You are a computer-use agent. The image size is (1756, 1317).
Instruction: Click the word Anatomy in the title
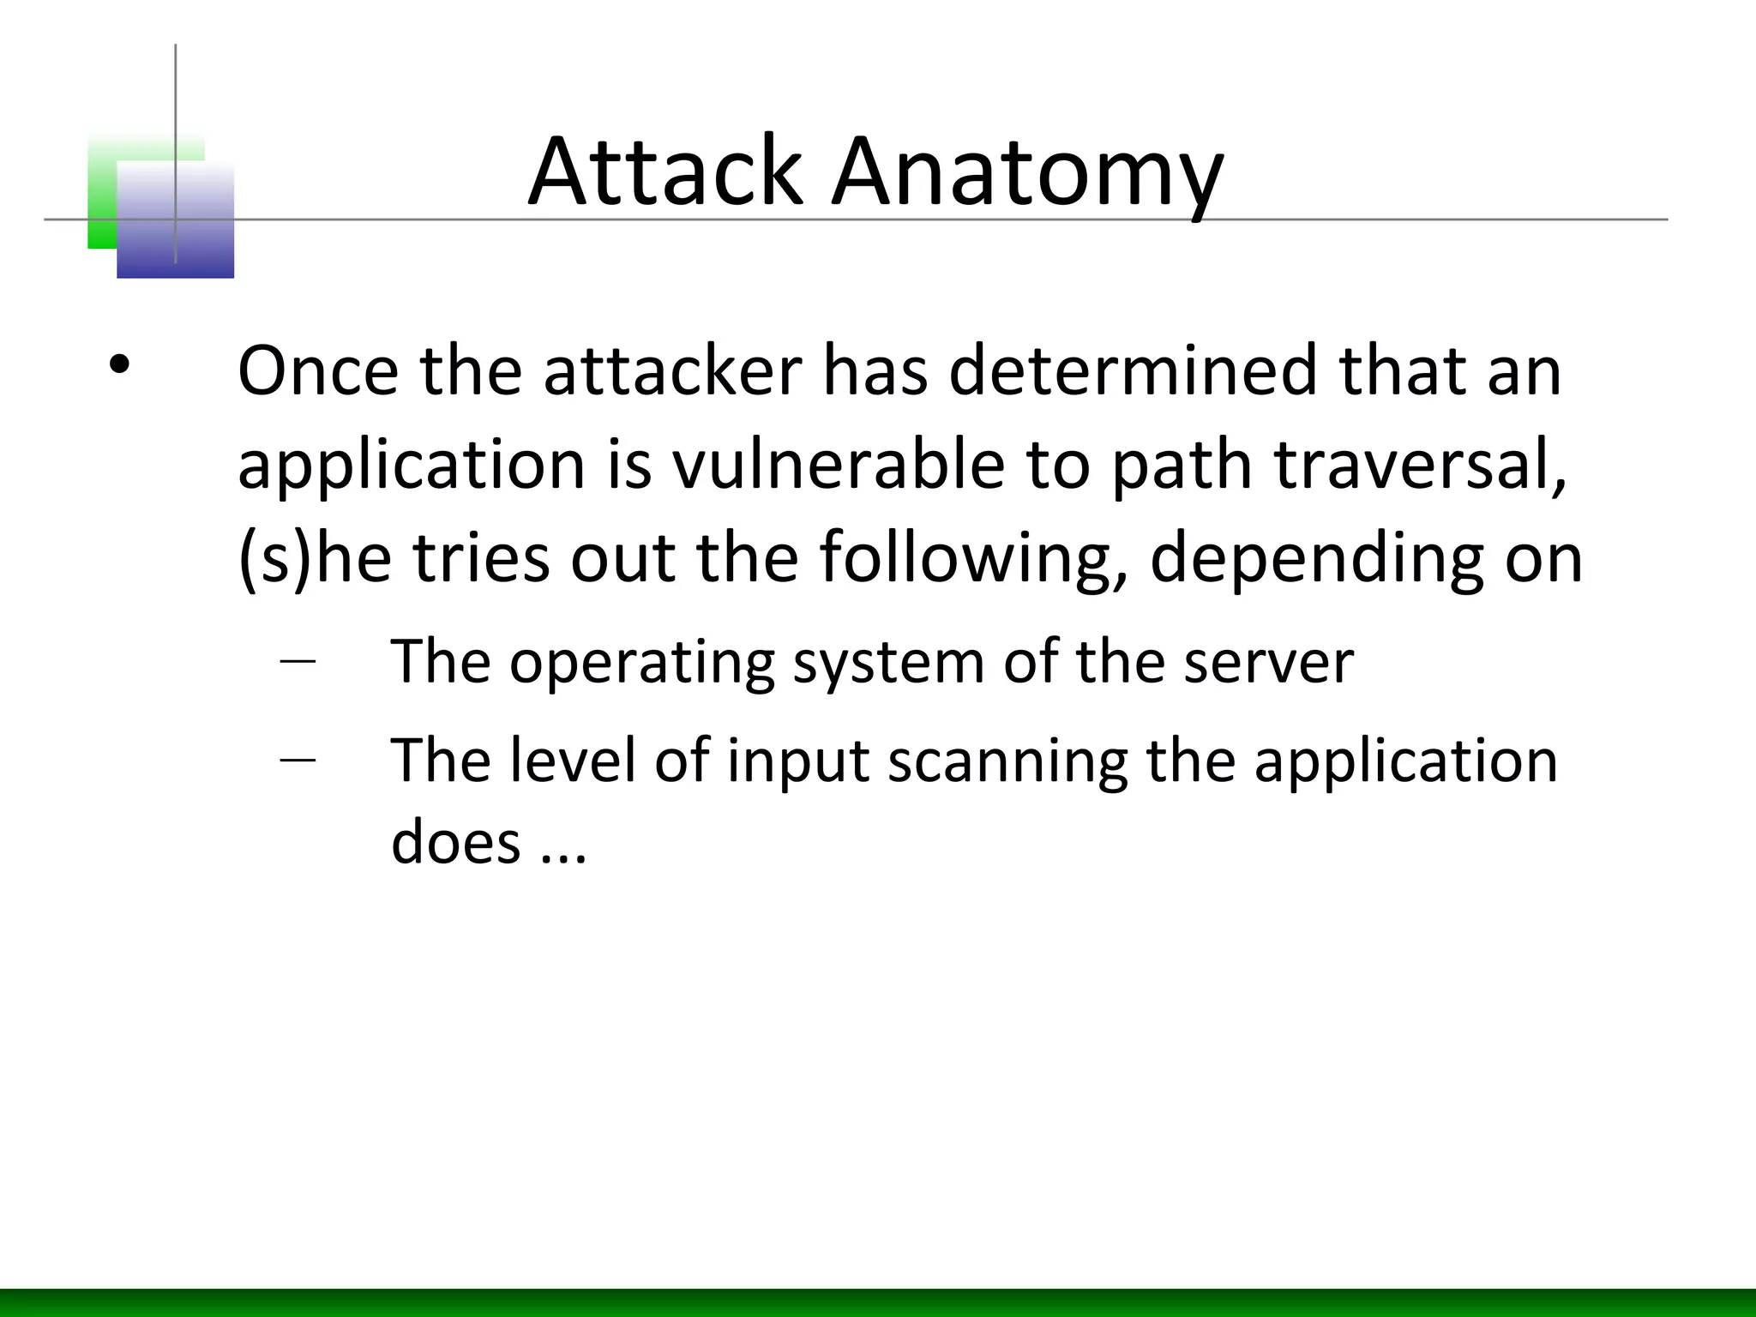[x=1027, y=175]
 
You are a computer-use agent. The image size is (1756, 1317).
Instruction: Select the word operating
[x=642, y=664]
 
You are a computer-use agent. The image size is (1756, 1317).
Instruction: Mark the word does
[x=455, y=841]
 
